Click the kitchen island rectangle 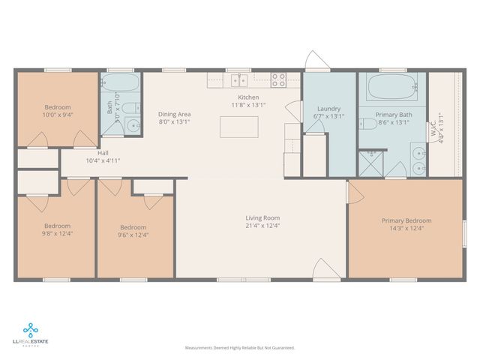[x=238, y=127]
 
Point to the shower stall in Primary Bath [x=370, y=163]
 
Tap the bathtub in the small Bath [x=120, y=83]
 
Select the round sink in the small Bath [x=133, y=125]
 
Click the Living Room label [x=262, y=218]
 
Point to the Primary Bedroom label [x=406, y=220]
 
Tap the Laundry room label [x=328, y=109]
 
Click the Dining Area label [x=174, y=114]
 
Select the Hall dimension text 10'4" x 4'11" [x=103, y=160]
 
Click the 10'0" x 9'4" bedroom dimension [x=57, y=115]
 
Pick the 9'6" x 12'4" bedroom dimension [x=133, y=234]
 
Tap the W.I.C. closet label [x=433, y=122]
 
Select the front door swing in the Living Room [x=320, y=268]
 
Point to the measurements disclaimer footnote [x=240, y=348]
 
